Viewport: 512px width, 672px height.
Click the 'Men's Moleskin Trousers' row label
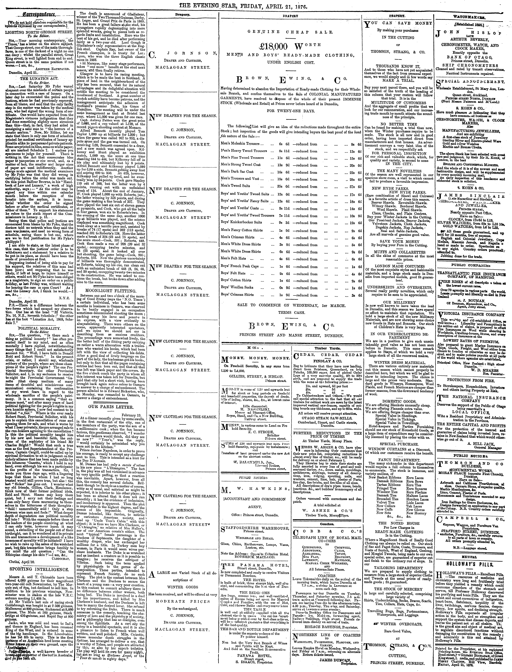click(x=241, y=144)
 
